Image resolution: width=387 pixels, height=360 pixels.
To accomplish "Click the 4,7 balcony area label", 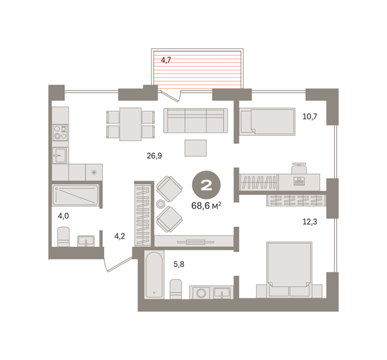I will (166, 60).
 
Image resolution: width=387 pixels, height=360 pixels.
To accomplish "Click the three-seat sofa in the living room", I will (196, 121).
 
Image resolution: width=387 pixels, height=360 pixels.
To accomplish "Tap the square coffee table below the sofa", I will (196, 147).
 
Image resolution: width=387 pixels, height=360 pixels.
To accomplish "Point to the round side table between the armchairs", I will (161, 204).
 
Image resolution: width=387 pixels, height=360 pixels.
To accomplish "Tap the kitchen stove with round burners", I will (60, 132).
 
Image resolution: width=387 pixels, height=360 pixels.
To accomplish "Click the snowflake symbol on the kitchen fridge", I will (94, 172).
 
